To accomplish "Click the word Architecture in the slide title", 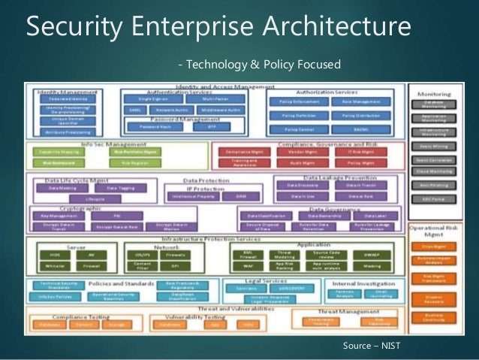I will click(334, 29).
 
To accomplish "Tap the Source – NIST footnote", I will click(372, 346).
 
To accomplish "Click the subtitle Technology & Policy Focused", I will click(260, 62).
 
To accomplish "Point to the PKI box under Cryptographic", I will click(117, 215).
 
